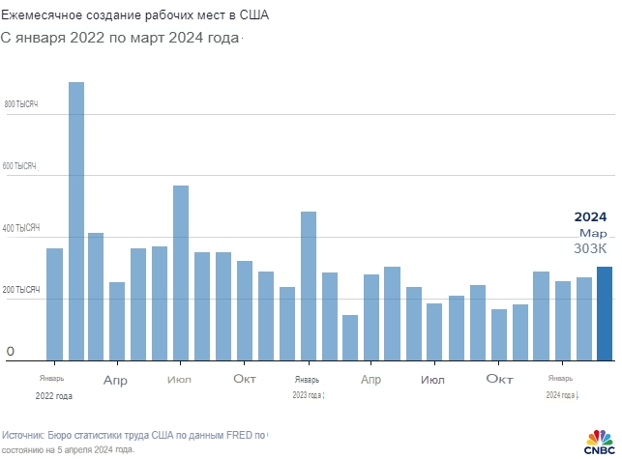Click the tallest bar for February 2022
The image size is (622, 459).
click(x=76, y=221)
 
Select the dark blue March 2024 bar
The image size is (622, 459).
click(x=605, y=314)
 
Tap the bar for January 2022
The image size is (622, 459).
click(x=54, y=304)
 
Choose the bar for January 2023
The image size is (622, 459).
click(x=309, y=286)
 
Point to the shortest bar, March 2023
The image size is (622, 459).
click(x=350, y=337)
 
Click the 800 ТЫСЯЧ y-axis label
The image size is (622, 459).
click(x=21, y=103)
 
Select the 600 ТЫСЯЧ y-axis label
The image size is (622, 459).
click(x=21, y=166)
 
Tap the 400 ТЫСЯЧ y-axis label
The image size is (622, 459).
click(x=21, y=228)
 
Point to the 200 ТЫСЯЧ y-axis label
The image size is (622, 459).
click(x=21, y=290)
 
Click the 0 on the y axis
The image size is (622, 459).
click(x=11, y=351)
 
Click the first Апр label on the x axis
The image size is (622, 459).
click(x=116, y=380)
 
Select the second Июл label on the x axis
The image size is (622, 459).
click(x=433, y=380)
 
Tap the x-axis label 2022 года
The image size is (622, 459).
click(x=54, y=395)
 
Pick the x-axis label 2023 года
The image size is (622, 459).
click(x=308, y=395)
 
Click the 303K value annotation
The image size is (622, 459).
click(x=590, y=248)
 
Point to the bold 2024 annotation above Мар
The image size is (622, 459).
click(x=590, y=216)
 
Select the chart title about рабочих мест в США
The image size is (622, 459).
click(x=135, y=16)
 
